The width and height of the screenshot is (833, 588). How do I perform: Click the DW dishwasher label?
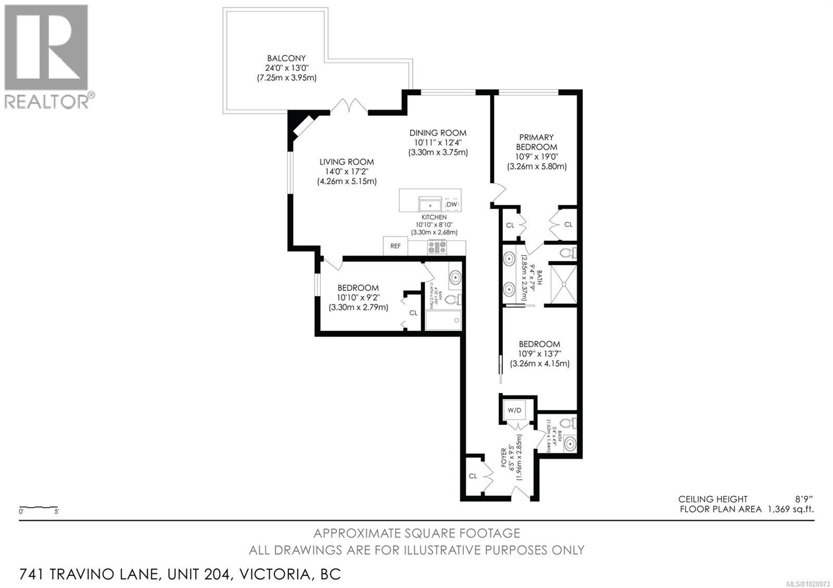(x=452, y=204)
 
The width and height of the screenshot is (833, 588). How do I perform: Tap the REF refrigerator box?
(x=396, y=246)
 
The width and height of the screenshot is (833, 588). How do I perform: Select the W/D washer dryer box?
(x=514, y=410)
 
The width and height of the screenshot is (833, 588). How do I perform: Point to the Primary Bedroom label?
(x=536, y=142)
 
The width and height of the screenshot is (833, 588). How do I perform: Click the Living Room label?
(x=346, y=162)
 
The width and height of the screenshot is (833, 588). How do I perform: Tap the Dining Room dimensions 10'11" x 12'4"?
(x=437, y=143)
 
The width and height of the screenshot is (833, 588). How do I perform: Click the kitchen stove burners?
(x=437, y=247)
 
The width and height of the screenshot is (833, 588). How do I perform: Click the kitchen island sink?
(x=430, y=204)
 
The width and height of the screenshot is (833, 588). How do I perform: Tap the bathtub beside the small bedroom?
(x=443, y=320)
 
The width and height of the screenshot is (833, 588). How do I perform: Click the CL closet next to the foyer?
(x=473, y=476)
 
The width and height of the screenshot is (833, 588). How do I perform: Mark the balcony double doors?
(x=350, y=107)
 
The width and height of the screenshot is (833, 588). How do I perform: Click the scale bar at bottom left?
(x=39, y=507)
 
